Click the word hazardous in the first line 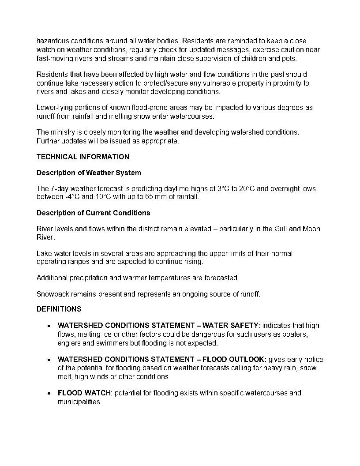point(52,41)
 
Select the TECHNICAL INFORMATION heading point(83,157)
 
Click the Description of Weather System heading point(89,173)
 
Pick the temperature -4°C point(71,197)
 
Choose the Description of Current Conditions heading point(93,213)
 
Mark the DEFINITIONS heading point(59,309)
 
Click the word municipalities point(79,402)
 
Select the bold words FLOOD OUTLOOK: point(234,359)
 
